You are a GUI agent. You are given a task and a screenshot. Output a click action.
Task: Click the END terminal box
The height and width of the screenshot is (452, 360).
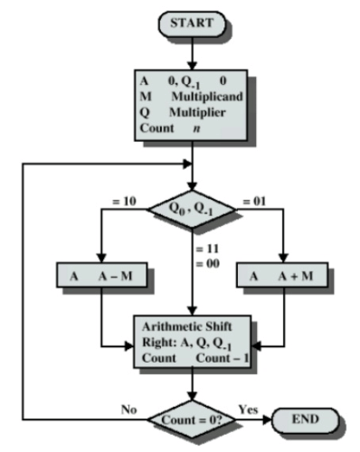click(304, 420)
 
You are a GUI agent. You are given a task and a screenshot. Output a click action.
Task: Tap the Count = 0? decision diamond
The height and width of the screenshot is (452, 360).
click(193, 420)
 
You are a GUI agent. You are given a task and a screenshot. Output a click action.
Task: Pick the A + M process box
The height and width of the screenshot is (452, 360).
click(282, 275)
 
